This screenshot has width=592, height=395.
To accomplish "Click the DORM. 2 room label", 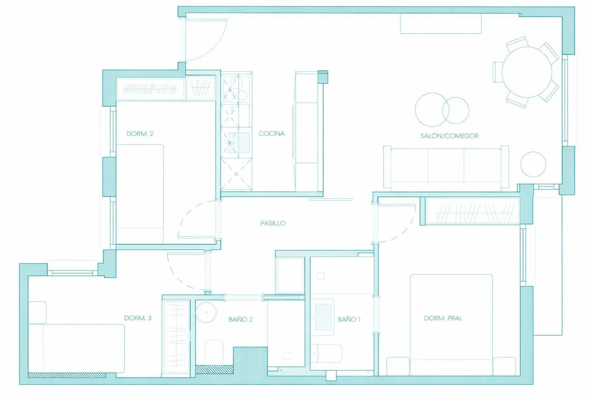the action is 140,134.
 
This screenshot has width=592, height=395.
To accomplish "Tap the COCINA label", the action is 272,134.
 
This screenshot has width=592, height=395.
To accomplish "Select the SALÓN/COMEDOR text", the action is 449,136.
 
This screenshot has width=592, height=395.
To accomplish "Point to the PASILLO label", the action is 273,223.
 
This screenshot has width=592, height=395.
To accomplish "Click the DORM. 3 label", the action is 138,318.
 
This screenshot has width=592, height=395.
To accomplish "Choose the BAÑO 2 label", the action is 240,320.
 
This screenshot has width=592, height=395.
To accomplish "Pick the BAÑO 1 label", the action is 349,320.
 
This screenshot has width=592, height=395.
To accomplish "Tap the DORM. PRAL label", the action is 443,318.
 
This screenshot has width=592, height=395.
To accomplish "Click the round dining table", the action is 527,72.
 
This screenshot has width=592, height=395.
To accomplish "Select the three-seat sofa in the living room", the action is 446,167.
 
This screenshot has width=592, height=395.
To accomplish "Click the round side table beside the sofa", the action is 533,164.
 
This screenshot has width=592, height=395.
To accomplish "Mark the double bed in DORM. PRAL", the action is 451,325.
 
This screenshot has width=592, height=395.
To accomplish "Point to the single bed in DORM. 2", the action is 140,194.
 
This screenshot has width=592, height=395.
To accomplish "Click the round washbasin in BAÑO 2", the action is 206,312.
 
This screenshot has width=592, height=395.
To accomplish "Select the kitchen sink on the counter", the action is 238,143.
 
